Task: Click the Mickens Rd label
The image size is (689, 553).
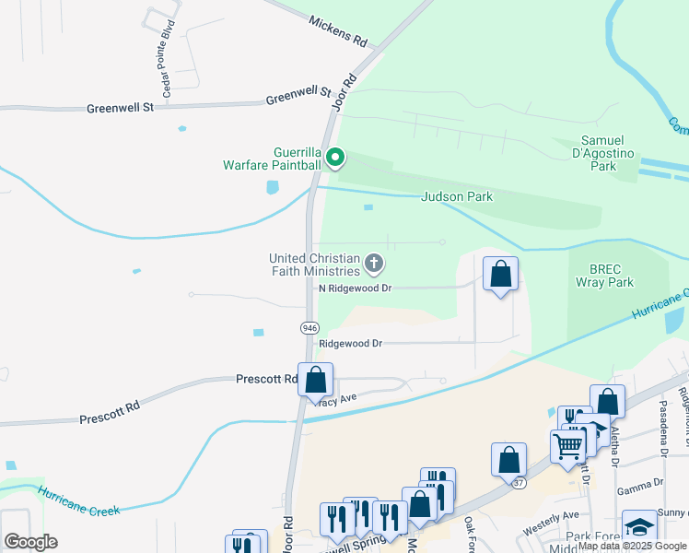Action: coord(338,31)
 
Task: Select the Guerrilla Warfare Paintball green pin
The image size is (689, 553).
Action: coord(336,159)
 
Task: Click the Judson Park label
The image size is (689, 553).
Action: coord(457,196)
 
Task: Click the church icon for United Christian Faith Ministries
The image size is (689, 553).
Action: coord(374,265)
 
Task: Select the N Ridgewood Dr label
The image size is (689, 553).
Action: coord(356,288)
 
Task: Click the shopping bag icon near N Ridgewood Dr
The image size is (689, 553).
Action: coord(500,274)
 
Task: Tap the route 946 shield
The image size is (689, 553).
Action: coord(309,327)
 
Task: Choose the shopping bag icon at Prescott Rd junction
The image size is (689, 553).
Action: coord(315,379)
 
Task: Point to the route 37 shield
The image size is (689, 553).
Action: coord(520,484)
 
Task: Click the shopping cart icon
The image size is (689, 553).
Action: coord(568,446)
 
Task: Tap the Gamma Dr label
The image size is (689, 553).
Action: coord(645,483)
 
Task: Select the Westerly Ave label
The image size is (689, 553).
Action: coord(550,530)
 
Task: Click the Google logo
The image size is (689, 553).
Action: coord(30,542)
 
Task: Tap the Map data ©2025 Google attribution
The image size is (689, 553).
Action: coord(632,546)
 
